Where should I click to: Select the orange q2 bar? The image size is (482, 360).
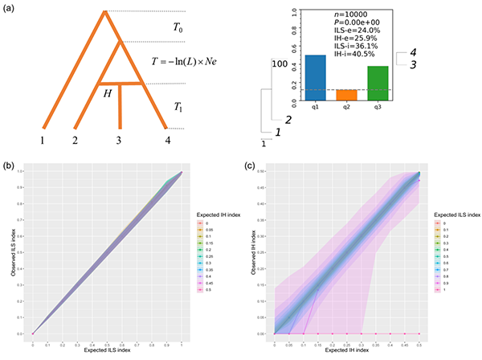[x=346, y=95]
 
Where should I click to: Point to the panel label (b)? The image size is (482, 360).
[x=10, y=165]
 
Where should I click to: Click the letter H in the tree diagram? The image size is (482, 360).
[x=108, y=93]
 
